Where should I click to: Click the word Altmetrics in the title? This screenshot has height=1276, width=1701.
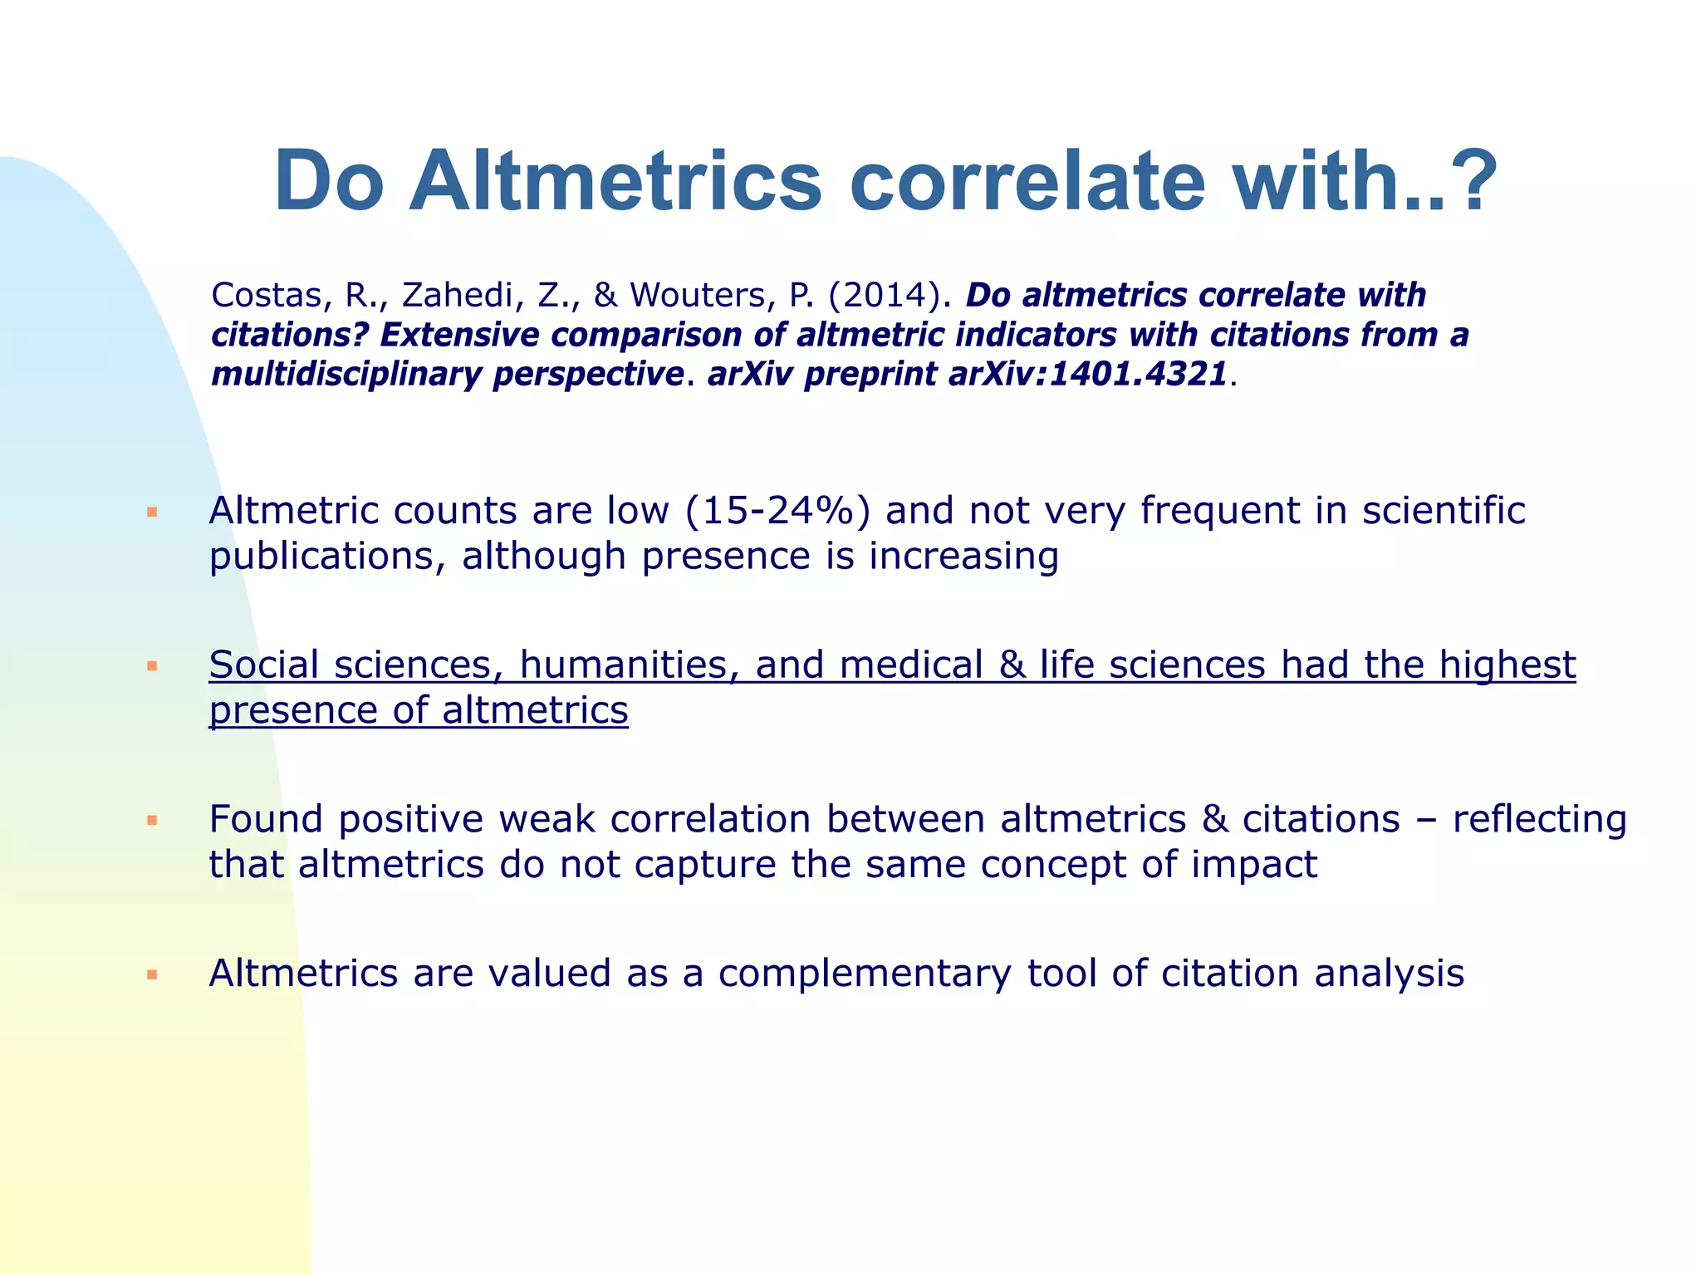click(615, 181)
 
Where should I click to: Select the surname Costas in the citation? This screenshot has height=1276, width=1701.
click(266, 295)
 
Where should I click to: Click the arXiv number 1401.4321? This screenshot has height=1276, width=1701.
click(1138, 375)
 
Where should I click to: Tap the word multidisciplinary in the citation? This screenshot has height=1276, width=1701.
click(346, 375)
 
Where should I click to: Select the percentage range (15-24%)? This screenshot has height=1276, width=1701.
click(778, 510)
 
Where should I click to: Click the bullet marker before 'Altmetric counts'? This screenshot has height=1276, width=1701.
click(152, 513)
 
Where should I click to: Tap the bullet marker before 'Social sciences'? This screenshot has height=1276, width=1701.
click(152, 666)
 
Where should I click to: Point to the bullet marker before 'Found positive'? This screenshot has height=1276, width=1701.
click(152, 821)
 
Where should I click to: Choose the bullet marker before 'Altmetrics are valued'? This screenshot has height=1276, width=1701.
click(152, 974)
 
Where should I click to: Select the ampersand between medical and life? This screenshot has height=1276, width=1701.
click(1012, 665)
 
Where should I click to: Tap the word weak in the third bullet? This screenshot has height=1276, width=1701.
click(547, 819)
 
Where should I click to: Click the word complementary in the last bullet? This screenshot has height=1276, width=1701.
click(865, 974)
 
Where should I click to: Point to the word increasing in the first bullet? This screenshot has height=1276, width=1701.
click(963, 556)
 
